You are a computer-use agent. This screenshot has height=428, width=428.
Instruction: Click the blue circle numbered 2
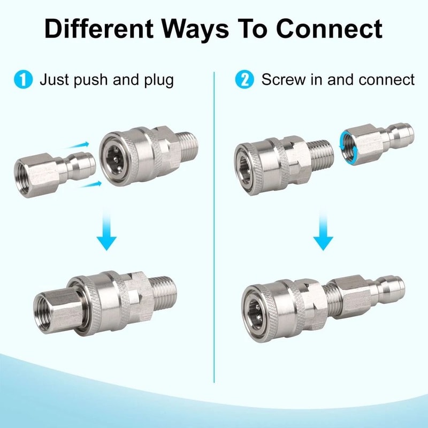point(244,80)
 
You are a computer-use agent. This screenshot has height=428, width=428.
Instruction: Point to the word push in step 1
point(95,81)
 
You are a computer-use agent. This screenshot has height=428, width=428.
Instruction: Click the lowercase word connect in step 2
point(384,80)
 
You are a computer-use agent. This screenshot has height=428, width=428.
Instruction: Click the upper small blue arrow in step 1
point(80,145)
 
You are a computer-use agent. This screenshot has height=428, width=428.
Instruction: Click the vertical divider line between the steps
point(214,214)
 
